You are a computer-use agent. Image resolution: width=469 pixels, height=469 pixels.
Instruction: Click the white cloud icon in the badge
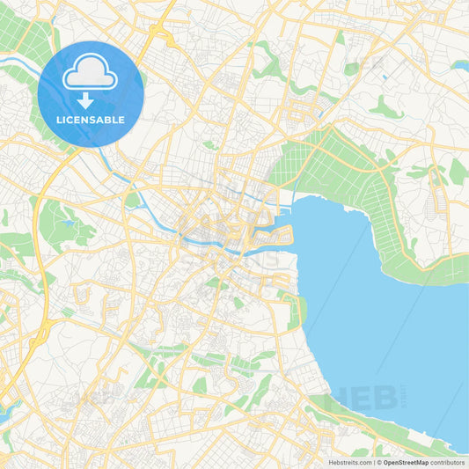(x=90, y=76)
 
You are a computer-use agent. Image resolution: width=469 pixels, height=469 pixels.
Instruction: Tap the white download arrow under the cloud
(x=90, y=101)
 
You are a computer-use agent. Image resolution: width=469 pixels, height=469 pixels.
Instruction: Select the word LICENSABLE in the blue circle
(x=90, y=120)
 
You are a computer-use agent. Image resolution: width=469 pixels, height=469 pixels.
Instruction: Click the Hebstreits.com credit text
(x=347, y=462)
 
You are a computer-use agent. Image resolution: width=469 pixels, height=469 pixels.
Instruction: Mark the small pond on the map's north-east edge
(x=459, y=64)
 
